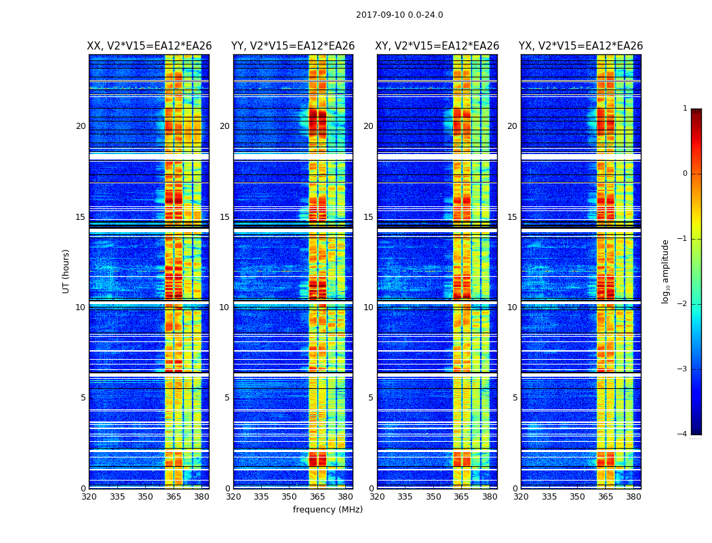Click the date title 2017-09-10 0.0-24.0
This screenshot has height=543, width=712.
pyautogui.click(x=399, y=15)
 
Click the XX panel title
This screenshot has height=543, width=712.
pyautogui.click(x=149, y=46)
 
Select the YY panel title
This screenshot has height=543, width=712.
pyautogui.click(x=293, y=46)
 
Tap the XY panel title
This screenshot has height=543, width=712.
pyautogui.click(x=437, y=46)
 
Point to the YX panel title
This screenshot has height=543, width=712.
pyautogui.click(x=581, y=46)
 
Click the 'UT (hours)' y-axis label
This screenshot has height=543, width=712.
pyautogui.click(x=66, y=271)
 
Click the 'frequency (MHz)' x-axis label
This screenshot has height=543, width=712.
pyautogui.click(x=328, y=510)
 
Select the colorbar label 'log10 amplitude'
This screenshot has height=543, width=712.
pyautogui.click(x=666, y=271)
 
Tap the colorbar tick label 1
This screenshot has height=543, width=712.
pyautogui.click(x=684, y=109)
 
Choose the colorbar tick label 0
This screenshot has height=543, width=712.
pyautogui.click(x=684, y=174)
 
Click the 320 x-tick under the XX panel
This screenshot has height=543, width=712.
pyautogui.click(x=89, y=497)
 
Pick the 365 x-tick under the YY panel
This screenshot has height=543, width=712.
pyautogui.click(x=317, y=497)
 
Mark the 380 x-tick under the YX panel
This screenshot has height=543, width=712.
pyautogui.click(x=633, y=497)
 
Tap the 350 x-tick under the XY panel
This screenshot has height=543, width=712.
pyautogui.click(x=433, y=497)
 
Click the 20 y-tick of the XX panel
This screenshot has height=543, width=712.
pyautogui.click(x=81, y=126)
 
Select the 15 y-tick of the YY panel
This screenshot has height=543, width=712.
pyautogui.click(x=224, y=217)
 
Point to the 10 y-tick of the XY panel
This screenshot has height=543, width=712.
pyautogui.click(x=368, y=307)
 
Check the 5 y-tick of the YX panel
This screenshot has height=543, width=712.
pyautogui.click(x=515, y=398)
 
